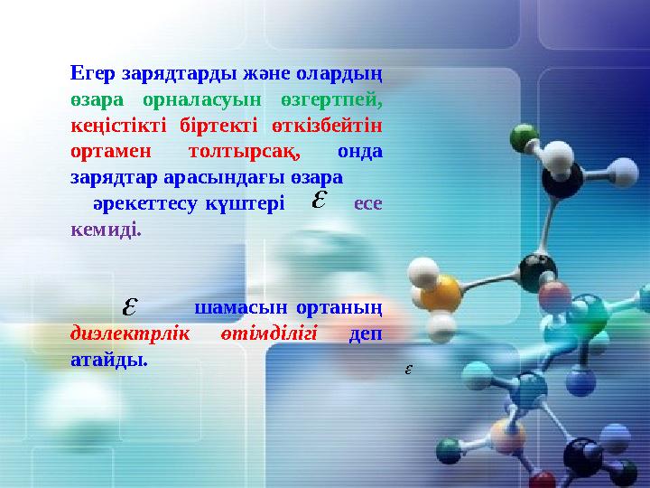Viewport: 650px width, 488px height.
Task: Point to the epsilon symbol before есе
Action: click(x=318, y=199)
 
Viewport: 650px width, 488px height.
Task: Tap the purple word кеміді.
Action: click(x=106, y=229)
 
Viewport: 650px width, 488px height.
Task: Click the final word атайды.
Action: click(x=108, y=361)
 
